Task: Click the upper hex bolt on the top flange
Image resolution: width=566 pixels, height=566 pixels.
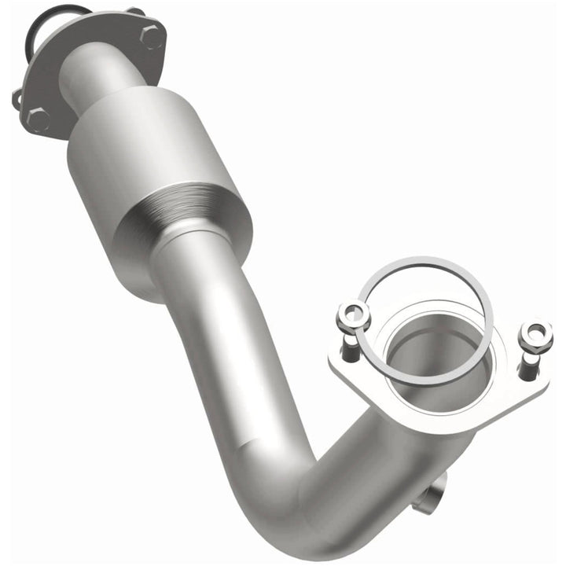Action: click(x=152, y=35)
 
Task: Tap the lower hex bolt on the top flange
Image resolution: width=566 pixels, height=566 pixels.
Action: click(x=38, y=119)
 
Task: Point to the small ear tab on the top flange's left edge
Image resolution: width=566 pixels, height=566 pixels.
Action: click(x=17, y=99)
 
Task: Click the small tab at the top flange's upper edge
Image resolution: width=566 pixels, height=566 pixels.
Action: click(x=136, y=12)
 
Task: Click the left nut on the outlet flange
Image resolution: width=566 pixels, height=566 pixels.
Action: click(x=354, y=317)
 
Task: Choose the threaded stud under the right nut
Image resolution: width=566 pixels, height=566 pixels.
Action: click(x=529, y=363)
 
